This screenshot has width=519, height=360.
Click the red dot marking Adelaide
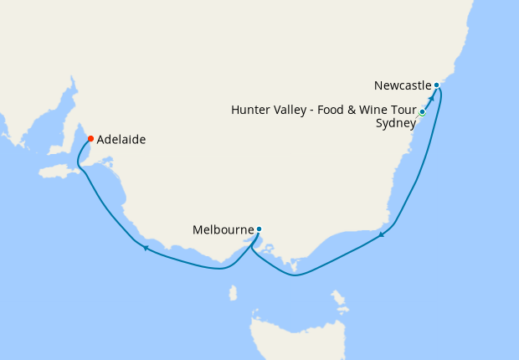coord(90,139)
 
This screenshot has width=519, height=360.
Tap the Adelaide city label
coord(121,140)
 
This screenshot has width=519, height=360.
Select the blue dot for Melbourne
coord(259,229)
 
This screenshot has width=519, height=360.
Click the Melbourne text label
coord(223,229)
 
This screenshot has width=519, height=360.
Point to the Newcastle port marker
coord(437,85)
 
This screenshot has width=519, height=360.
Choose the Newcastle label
coord(403,85)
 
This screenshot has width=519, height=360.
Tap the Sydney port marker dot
coord(423,111)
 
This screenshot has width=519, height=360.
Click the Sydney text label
coord(396,124)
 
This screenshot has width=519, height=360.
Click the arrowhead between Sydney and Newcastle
coord(430,98)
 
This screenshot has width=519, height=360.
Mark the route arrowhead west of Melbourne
coord(146,247)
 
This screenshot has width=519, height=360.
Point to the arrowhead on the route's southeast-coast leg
coord(382,234)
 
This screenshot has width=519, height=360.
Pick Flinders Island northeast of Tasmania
coord(339,297)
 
